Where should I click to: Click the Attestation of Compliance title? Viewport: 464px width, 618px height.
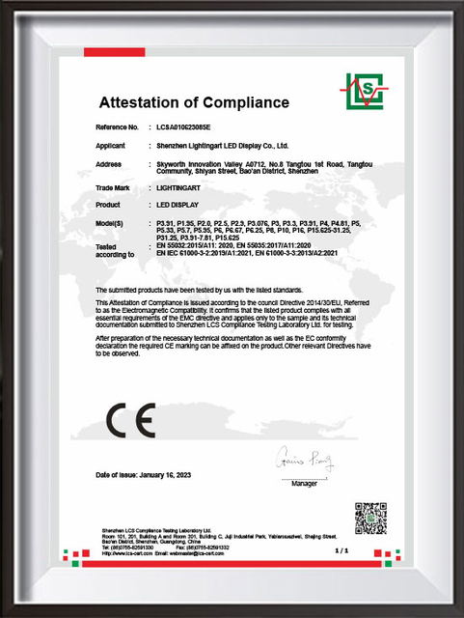pyautogui.click(x=194, y=102)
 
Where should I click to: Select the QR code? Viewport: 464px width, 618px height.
pyautogui.click(x=369, y=518)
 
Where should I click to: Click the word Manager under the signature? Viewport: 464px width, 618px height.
pyautogui.click(x=305, y=481)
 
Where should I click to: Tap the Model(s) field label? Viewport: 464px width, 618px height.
pyautogui.click(x=112, y=224)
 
